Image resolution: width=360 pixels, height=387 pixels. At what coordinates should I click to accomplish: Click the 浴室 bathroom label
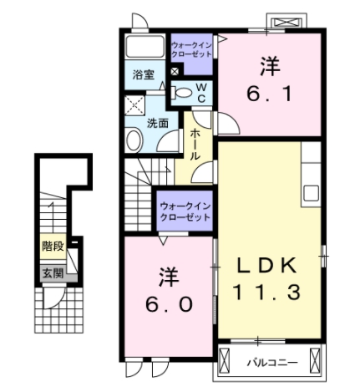(x=143, y=74)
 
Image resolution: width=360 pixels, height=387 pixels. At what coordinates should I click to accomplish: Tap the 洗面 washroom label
(x=158, y=123)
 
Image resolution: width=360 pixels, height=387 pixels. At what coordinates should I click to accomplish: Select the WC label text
(x=201, y=92)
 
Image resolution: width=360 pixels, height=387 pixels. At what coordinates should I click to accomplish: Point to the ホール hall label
(x=195, y=145)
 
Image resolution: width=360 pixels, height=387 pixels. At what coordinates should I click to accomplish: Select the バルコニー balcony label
(x=271, y=363)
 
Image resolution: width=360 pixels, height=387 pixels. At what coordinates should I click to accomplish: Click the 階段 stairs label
(x=54, y=247)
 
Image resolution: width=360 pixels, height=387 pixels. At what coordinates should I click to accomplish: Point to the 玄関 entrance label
(x=54, y=272)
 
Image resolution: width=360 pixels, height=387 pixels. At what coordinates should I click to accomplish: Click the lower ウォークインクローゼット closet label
(x=185, y=211)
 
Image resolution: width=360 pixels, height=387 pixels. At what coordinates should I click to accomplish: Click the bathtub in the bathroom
(x=145, y=48)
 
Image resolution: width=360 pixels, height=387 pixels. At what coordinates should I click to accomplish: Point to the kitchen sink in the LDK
(x=311, y=192)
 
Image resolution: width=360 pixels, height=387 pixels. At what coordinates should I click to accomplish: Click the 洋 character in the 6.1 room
(x=269, y=64)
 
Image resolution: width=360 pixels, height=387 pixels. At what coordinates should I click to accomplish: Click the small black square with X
(x=174, y=73)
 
